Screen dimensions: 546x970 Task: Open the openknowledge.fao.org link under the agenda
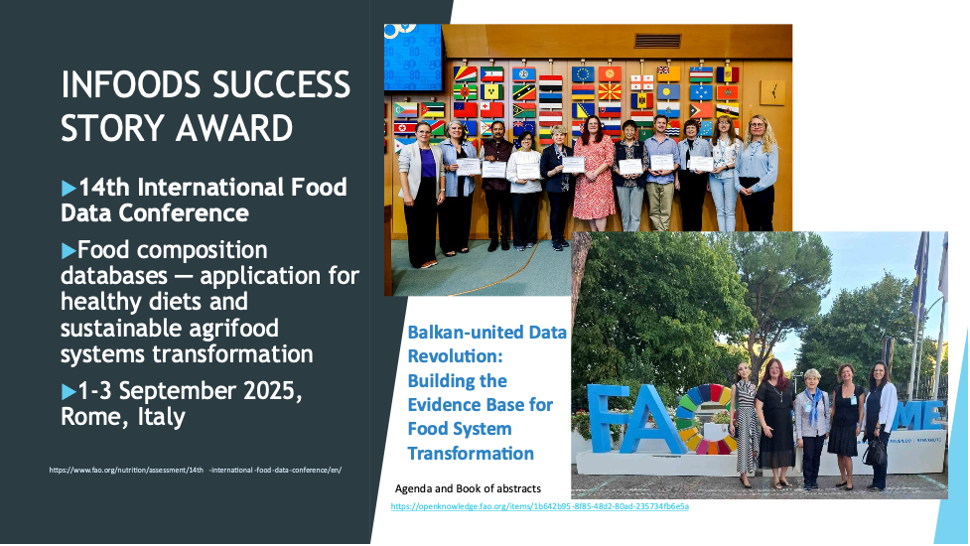[x=539, y=506]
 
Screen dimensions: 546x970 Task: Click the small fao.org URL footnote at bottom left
[x=195, y=470]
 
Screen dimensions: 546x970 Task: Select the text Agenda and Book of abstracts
[x=468, y=489]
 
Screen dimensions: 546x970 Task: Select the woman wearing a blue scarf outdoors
[x=811, y=422]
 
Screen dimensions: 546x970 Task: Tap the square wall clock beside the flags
[x=772, y=92]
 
